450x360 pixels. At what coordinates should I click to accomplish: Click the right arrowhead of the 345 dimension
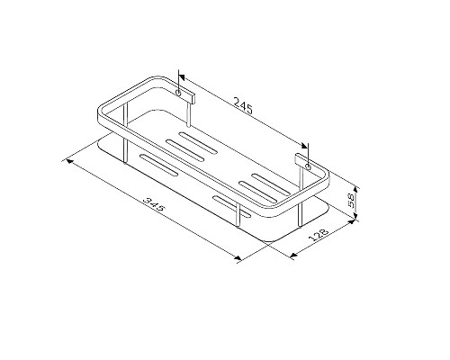tap(238, 259)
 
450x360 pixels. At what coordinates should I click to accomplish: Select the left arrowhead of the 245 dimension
tap(184, 76)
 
